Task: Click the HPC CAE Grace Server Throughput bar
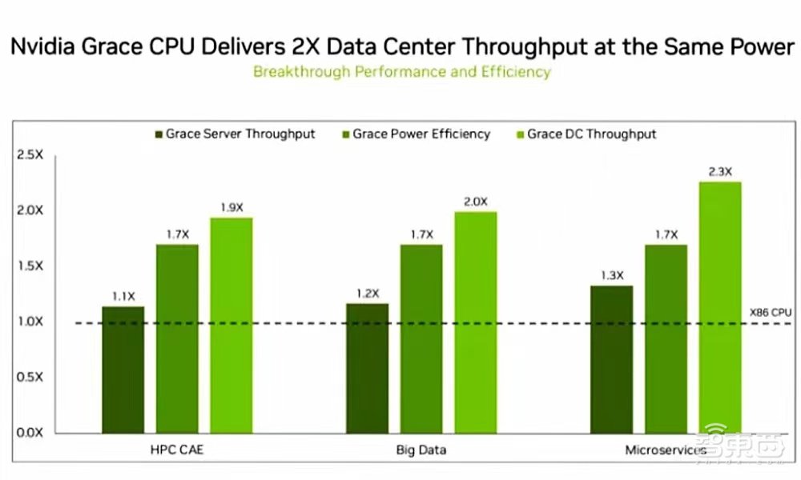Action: pyautogui.click(x=123, y=370)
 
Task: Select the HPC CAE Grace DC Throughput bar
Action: pyautogui.click(x=231, y=325)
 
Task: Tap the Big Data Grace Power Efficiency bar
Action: pyautogui.click(x=421, y=338)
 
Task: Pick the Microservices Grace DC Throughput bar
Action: pyautogui.click(x=720, y=307)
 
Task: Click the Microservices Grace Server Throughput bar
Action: pyautogui.click(x=612, y=359)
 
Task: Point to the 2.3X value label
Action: pyautogui.click(x=720, y=171)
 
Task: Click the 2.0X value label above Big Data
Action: pyautogui.click(x=475, y=202)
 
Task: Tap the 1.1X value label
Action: pyautogui.click(x=123, y=296)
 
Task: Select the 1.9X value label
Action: pyautogui.click(x=231, y=207)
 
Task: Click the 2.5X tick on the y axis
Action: pyautogui.click(x=30, y=154)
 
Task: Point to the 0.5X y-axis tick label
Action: pyautogui.click(x=30, y=377)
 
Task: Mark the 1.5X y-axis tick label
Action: pyautogui.click(x=30, y=266)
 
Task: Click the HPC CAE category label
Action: pyautogui.click(x=176, y=450)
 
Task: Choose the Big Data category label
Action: pyautogui.click(x=421, y=450)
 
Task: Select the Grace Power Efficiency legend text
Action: pyautogui.click(x=421, y=134)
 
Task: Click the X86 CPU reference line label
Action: pyautogui.click(x=770, y=313)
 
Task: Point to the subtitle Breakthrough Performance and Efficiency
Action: pyautogui.click(x=401, y=71)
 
